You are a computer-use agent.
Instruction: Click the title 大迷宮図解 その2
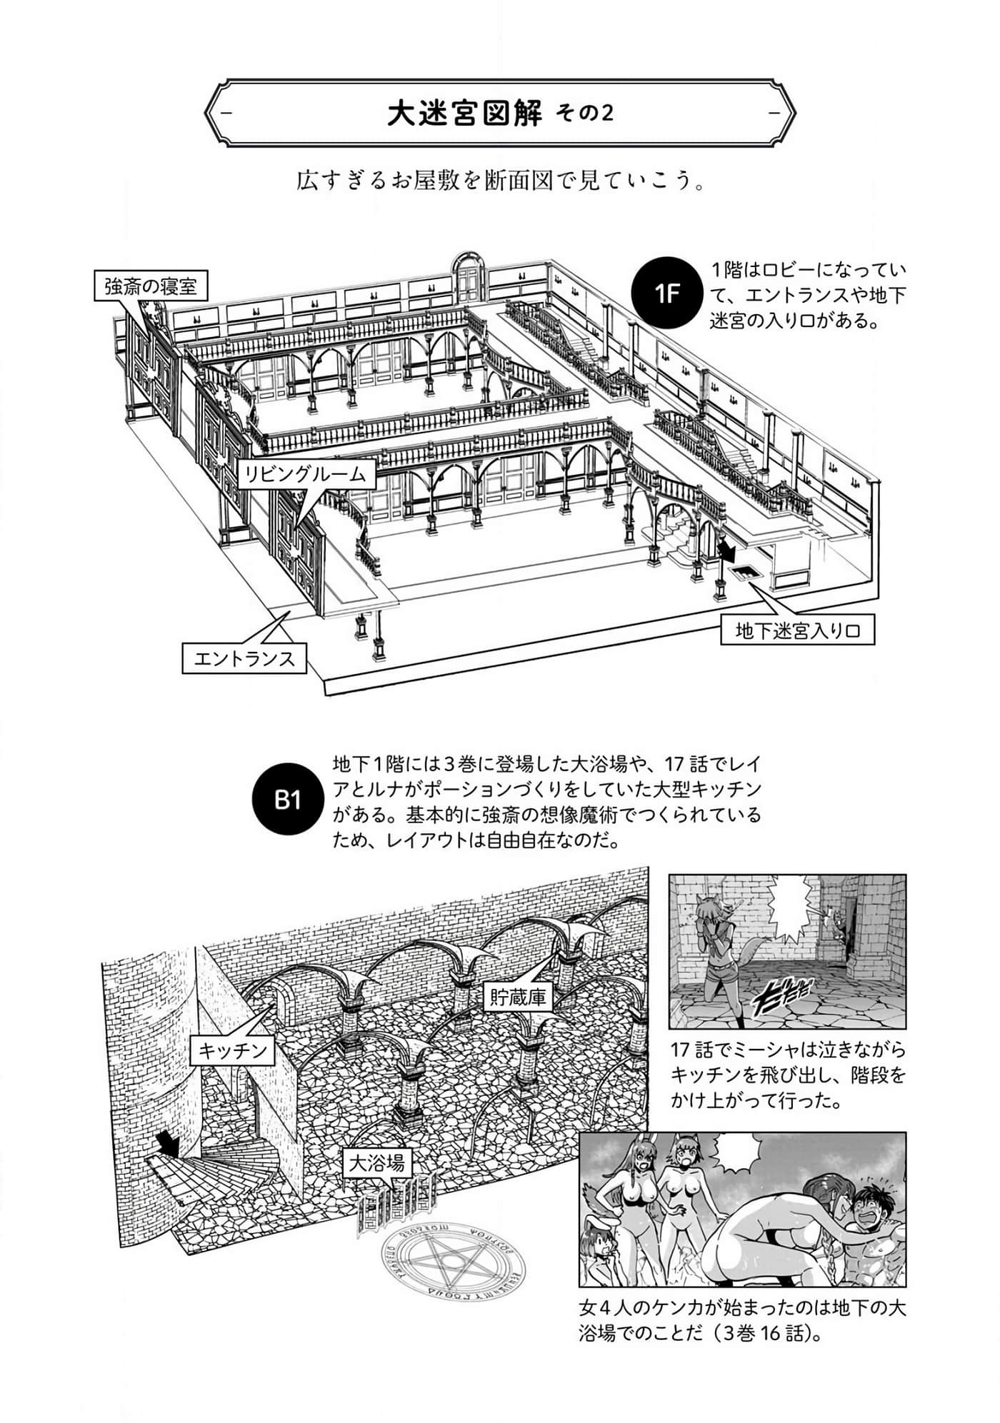point(500,114)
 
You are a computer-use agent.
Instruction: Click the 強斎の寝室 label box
point(150,286)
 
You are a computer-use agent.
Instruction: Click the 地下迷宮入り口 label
point(796,631)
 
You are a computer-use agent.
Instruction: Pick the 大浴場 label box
point(378,1165)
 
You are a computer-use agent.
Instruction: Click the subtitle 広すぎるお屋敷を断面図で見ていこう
point(501,181)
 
